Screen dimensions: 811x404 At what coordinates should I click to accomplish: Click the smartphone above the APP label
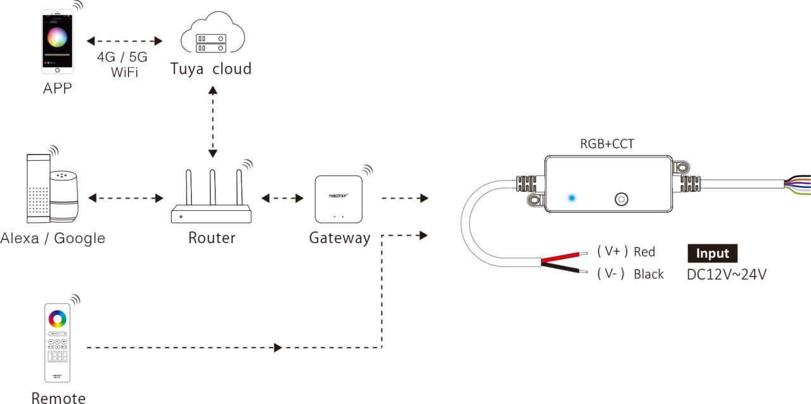57,41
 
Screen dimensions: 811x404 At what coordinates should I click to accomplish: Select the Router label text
212,238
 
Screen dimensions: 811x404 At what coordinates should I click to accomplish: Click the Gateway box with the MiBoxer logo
338,199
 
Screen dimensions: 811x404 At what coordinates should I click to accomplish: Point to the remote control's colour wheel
57,319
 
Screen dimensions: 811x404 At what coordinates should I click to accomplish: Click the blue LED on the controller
572,198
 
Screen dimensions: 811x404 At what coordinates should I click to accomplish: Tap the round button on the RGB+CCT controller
622,199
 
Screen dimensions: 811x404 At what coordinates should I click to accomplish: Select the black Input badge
713,253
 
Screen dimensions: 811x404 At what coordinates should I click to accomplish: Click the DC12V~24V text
727,274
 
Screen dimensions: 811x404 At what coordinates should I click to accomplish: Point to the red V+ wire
564,256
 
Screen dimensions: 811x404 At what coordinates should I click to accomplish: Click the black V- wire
564,268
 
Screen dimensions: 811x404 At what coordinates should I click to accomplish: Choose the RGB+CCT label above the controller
607,144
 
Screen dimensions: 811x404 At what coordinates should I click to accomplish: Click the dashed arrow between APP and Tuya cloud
125,41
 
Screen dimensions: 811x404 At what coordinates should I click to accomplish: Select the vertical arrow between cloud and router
213,122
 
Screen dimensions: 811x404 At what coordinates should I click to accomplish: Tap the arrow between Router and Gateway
283,198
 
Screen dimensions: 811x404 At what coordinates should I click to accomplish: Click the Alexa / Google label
53,238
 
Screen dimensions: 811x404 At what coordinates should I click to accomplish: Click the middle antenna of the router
212,187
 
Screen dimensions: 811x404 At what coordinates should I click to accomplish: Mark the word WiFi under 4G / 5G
125,72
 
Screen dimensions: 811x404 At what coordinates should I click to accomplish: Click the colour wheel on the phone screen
57,37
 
